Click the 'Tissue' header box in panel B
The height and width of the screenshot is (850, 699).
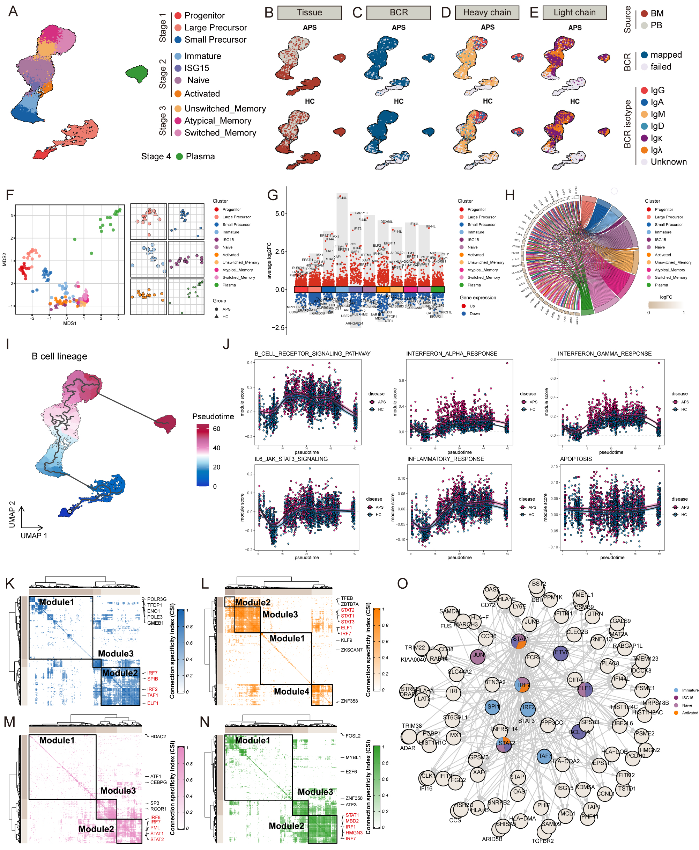[309, 13]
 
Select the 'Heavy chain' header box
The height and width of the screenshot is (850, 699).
[487, 13]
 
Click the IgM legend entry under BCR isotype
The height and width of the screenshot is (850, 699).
[657, 114]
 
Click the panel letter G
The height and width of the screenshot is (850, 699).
[273, 196]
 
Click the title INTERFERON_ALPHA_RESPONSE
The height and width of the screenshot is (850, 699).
[451, 354]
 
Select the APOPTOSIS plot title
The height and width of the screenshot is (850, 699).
[576, 459]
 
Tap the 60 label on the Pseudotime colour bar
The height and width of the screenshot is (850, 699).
[217, 428]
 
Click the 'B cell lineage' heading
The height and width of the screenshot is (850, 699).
[60, 356]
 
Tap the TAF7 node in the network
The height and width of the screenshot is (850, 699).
[544, 756]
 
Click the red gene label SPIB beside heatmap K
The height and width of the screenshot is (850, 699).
[153, 679]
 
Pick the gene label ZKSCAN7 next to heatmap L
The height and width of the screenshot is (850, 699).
[351, 650]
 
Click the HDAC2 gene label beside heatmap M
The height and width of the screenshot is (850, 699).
[158, 736]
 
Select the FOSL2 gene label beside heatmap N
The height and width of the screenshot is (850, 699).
[353, 735]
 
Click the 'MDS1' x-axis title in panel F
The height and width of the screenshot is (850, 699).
[70, 323]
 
